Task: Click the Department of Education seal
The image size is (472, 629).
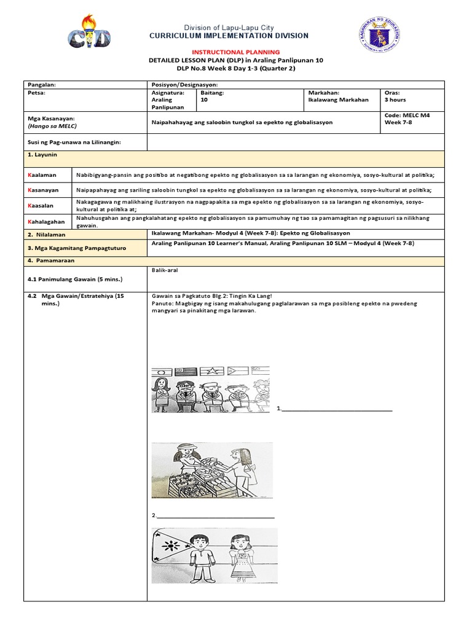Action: point(379,36)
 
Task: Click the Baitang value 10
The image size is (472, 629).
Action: point(205,100)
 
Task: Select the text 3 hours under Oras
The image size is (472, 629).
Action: point(395,100)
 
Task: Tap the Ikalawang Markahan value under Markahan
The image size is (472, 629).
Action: point(338,100)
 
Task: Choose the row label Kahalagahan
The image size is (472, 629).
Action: point(47,221)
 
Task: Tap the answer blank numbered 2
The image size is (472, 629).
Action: point(215,517)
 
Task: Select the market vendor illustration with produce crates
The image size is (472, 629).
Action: point(212,471)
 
